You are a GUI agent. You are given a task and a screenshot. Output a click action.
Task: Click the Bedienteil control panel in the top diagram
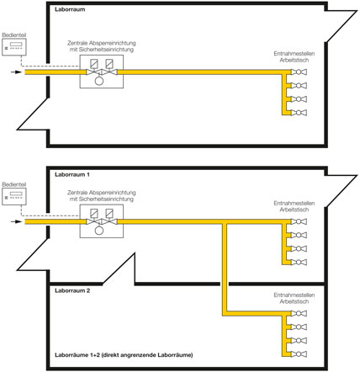point(14,47)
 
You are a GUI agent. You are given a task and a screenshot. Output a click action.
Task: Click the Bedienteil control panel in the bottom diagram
point(14,196)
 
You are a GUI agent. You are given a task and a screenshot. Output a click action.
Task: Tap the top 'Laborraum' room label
point(70,9)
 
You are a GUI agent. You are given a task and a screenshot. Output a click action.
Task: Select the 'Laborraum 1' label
point(72,174)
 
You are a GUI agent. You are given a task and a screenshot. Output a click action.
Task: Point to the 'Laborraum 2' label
point(72,290)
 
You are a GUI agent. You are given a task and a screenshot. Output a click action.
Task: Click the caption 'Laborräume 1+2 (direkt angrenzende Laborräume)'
point(124,355)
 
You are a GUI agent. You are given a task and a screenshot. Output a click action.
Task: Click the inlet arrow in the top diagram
point(16,72)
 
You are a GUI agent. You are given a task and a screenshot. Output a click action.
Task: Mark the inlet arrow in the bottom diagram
point(16,221)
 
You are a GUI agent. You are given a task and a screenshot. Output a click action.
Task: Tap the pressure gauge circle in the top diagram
point(99,81)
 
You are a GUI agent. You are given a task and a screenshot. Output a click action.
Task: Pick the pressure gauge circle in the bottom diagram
point(99,231)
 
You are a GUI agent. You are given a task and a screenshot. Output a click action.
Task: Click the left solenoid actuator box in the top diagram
point(94,63)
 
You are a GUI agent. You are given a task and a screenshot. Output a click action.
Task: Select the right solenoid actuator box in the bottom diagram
point(109,213)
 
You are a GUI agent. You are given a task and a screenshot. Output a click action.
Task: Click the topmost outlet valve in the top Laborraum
point(299,72)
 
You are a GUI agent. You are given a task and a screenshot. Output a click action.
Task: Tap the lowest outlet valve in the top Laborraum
point(299,113)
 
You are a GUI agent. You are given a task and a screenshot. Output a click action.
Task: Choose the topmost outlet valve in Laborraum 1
point(299,221)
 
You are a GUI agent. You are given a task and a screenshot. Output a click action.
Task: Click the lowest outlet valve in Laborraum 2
point(299,354)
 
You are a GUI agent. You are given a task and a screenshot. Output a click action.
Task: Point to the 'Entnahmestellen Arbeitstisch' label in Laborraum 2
point(294,298)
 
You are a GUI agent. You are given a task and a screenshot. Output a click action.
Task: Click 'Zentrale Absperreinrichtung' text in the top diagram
point(102,43)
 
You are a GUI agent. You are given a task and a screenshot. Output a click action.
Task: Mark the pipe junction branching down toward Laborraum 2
point(225,222)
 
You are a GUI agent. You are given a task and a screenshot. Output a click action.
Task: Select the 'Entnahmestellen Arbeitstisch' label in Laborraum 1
point(294,206)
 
